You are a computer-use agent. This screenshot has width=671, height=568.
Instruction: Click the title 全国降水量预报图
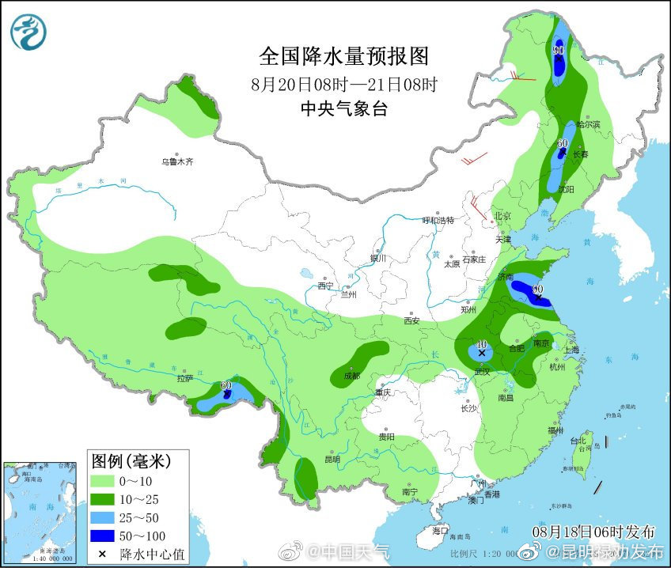(343, 57)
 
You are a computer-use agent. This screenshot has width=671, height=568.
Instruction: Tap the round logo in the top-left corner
(28, 32)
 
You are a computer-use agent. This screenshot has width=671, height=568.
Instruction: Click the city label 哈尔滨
(589, 125)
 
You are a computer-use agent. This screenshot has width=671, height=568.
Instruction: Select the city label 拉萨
(185, 378)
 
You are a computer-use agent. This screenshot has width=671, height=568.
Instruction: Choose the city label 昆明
(332, 459)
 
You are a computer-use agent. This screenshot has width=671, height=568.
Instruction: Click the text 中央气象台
(343, 109)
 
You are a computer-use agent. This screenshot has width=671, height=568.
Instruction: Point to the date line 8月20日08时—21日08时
(343, 84)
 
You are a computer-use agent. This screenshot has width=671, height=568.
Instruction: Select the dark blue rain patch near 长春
(562, 153)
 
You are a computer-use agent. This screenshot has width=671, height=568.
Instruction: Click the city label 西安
(411, 321)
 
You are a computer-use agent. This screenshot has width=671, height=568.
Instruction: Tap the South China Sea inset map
(41, 511)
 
